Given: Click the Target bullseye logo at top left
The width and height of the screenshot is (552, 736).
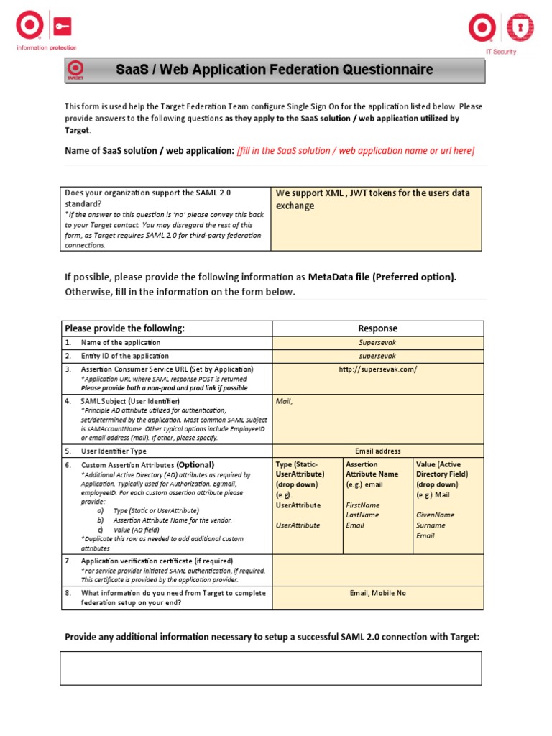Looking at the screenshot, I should tap(29, 28).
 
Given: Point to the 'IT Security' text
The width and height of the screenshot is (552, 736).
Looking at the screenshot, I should tap(501, 52).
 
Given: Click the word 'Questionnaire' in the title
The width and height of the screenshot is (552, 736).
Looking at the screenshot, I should tap(389, 70).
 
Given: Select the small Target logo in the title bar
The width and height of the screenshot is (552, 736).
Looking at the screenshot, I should tap(75, 70).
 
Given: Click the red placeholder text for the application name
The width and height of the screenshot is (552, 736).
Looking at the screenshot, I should tap(355, 150).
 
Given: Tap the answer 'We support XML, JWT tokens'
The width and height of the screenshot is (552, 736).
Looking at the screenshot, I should tap(373, 199).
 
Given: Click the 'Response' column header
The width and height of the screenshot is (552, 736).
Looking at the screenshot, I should tap(377, 328).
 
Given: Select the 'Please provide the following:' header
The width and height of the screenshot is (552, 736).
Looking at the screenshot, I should tap(125, 328).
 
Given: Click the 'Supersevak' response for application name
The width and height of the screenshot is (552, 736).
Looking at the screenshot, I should tap(377, 343).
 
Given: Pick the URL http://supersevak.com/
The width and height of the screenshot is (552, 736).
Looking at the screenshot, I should tap(377, 369).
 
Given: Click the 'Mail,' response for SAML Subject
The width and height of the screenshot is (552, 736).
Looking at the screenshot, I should tap(285, 401).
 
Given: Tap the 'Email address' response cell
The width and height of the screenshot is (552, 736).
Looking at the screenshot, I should tap(377, 451).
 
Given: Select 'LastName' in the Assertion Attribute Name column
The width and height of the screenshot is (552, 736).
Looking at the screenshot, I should tap(363, 515).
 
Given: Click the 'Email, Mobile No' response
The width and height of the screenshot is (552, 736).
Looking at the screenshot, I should tap(377, 593).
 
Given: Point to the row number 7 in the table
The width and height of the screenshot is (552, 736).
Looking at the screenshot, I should tap(68, 561).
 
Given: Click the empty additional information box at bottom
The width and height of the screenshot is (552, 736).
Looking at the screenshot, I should tap(270, 668).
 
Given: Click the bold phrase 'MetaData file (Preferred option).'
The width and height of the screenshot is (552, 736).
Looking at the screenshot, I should tap(382, 277).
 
